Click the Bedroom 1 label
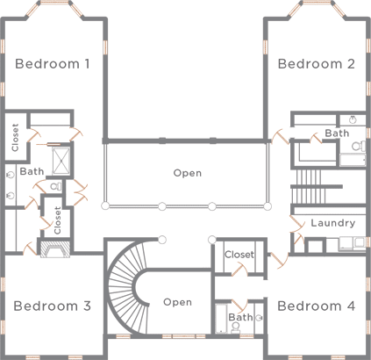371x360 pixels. pyautogui.click(x=53, y=63)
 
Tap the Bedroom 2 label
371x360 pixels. pyautogui.click(x=316, y=63)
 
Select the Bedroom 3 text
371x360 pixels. pyautogui.click(x=53, y=306)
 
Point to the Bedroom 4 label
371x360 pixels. pyautogui.click(x=316, y=306)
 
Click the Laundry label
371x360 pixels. pyautogui.click(x=332, y=223)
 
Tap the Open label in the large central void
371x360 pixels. pyautogui.click(x=187, y=173)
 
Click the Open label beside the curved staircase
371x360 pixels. pyautogui.click(x=177, y=302)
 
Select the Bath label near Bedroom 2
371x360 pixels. pyautogui.click(x=337, y=133)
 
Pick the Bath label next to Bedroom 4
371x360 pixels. pyautogui.click(x=240, y=317)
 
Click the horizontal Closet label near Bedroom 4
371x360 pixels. pyautogui.click(x=239, y=255)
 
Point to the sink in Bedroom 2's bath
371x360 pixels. pyautogui.click(x=352, y=119)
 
